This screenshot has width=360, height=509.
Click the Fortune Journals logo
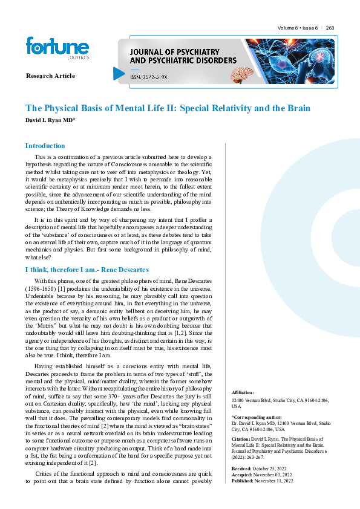tap(57, 48)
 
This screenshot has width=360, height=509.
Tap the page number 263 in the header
tap(330, 28)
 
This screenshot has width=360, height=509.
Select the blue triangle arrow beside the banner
tap(119, 74)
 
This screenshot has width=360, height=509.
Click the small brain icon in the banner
tap(242, 74)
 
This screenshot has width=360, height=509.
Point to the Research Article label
tap(50, 76)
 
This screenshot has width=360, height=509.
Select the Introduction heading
tap(45, 146)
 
